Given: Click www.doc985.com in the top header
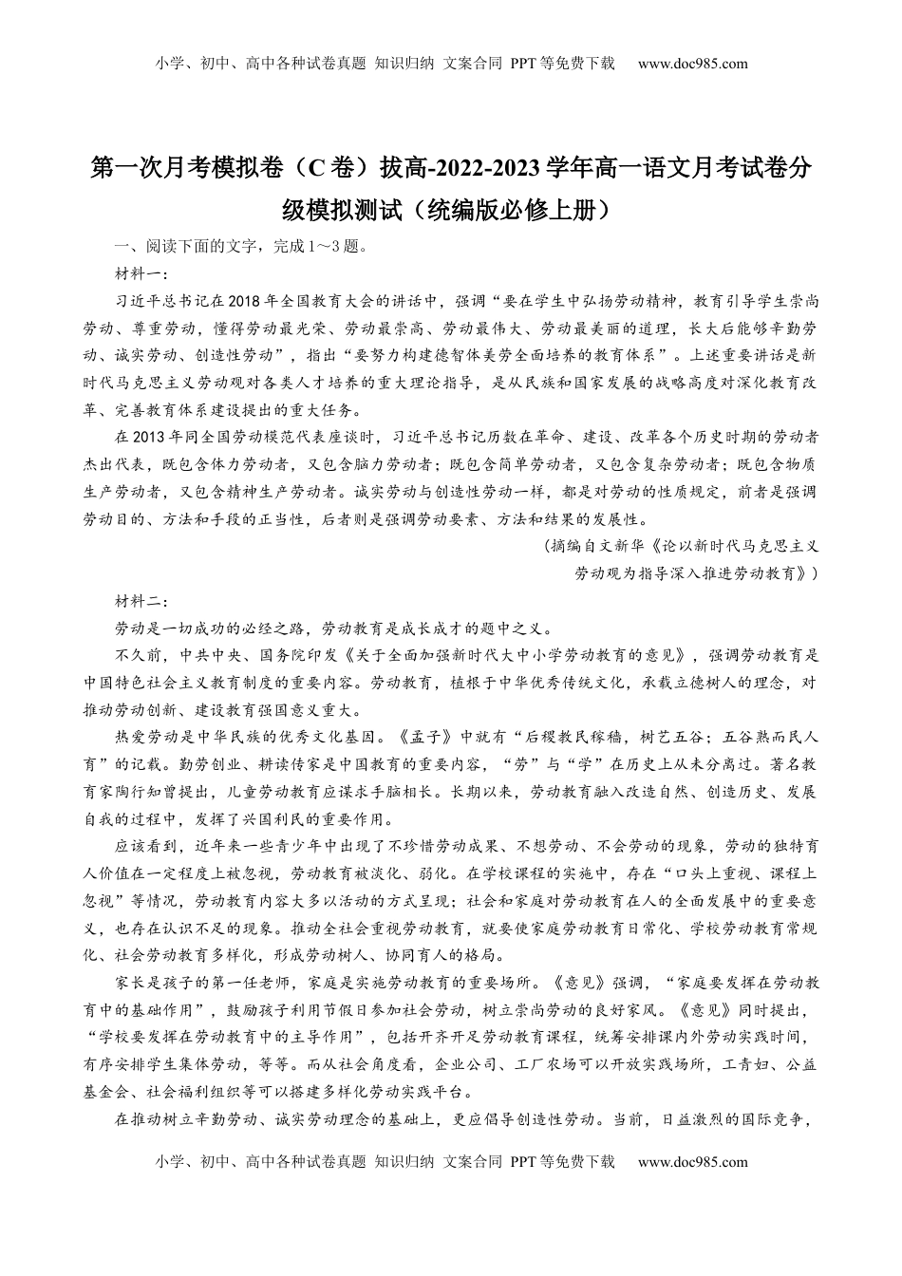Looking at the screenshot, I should click(x=693, y=64).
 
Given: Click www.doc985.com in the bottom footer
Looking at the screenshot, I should click(x=693, y=1161).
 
